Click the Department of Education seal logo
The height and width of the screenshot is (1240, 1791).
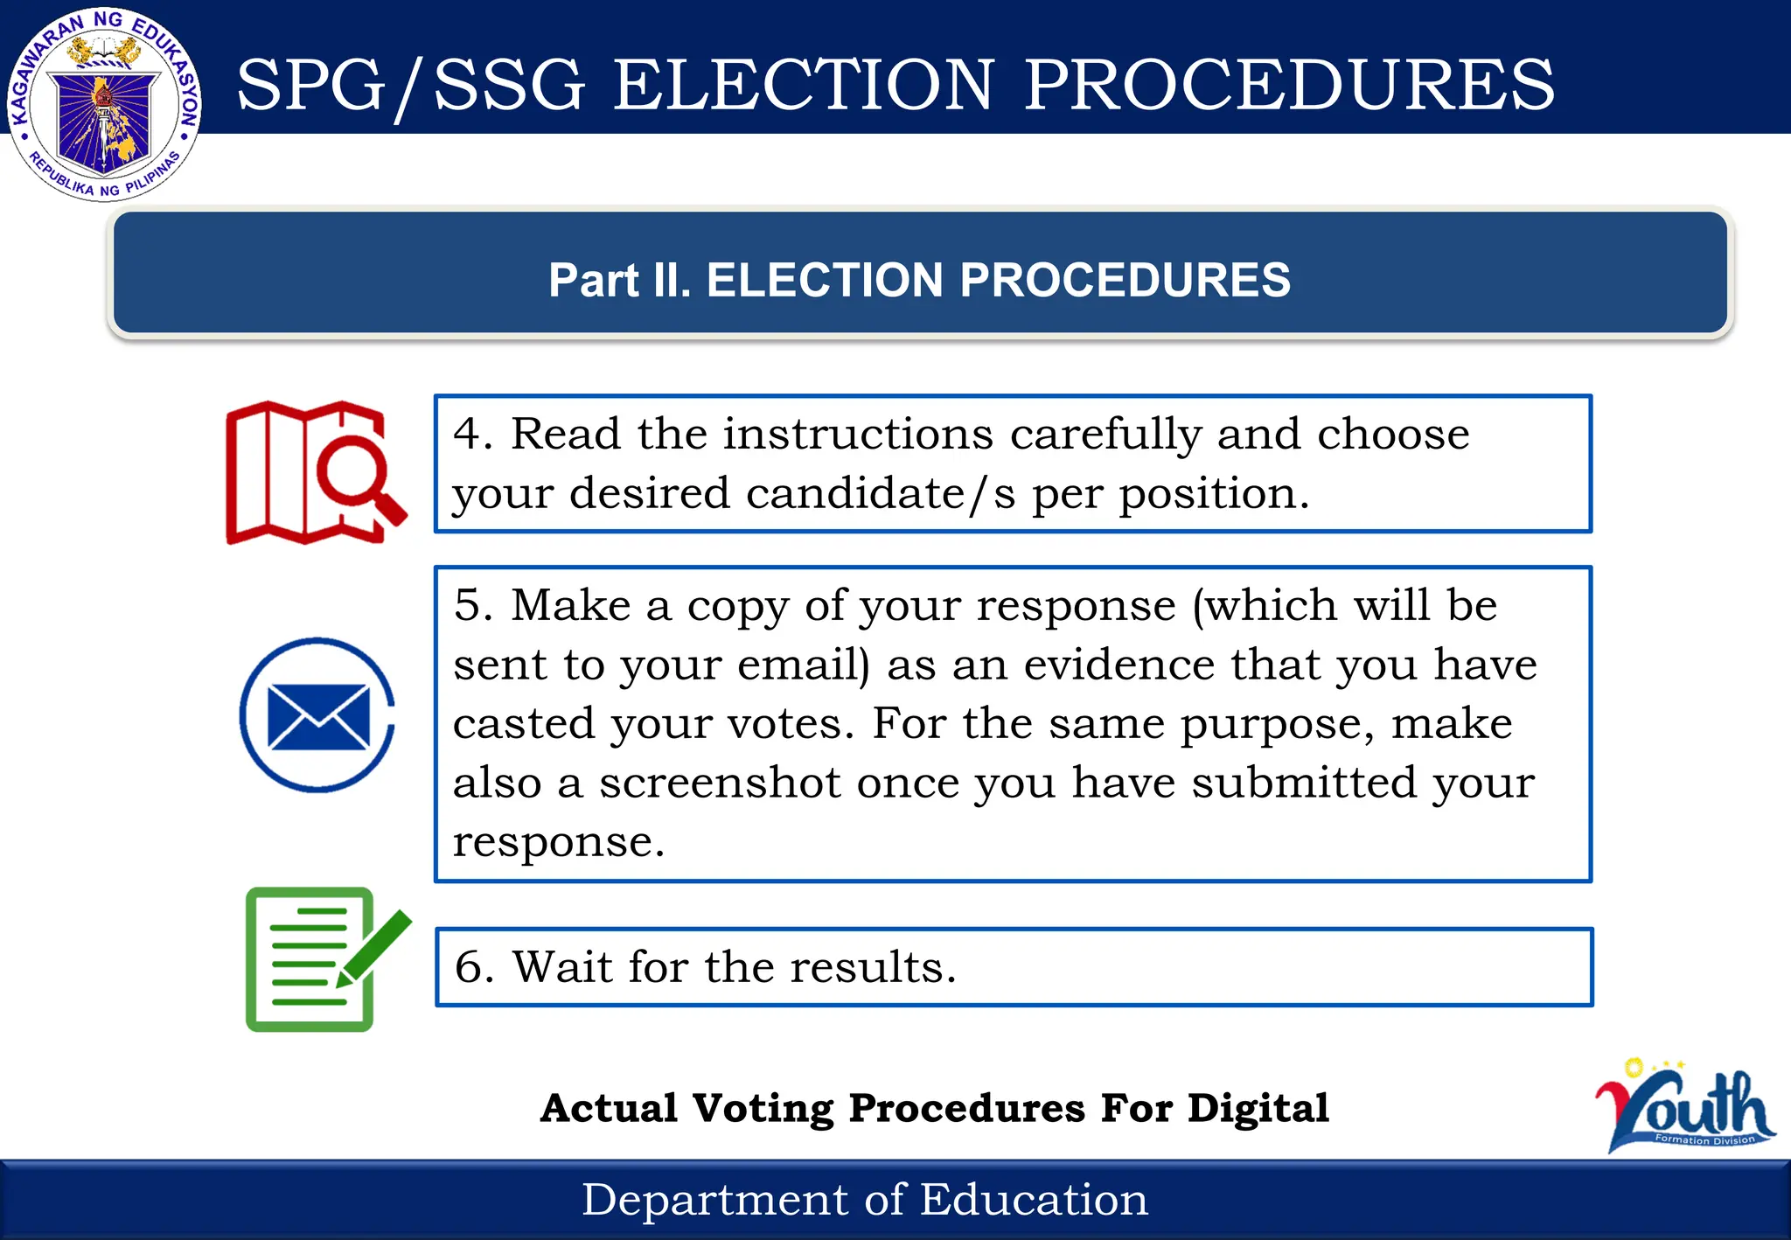(105, 105)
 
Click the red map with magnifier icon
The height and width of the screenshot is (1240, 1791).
(315, 472)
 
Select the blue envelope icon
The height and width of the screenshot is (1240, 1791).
(317, 715)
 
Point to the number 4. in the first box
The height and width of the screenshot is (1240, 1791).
(473, 434)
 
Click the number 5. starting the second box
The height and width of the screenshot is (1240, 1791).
(473, 605)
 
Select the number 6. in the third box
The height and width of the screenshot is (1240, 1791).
(474, 967)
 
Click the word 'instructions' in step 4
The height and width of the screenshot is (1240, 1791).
(858, 434)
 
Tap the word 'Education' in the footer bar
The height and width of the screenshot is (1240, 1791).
(1034, 1199)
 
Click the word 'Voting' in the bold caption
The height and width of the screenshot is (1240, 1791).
(763, 1108)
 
